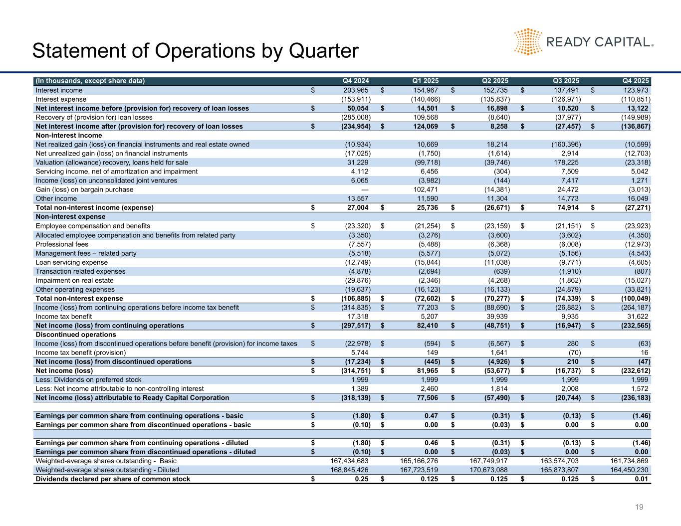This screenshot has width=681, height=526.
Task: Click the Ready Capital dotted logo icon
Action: click(x=528, y=41)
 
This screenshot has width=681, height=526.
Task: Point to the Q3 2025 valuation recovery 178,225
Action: click(x=566, y=163)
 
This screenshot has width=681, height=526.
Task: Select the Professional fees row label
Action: click(x=62, y=244)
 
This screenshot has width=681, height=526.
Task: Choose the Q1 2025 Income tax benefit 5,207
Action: click(x=429, y=317)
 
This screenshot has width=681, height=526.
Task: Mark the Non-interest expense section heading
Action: click(x=70, y=217)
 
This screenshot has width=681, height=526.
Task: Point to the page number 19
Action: click(x=639, y=508)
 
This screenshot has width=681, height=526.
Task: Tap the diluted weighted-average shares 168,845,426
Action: click(x=349, y=470)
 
